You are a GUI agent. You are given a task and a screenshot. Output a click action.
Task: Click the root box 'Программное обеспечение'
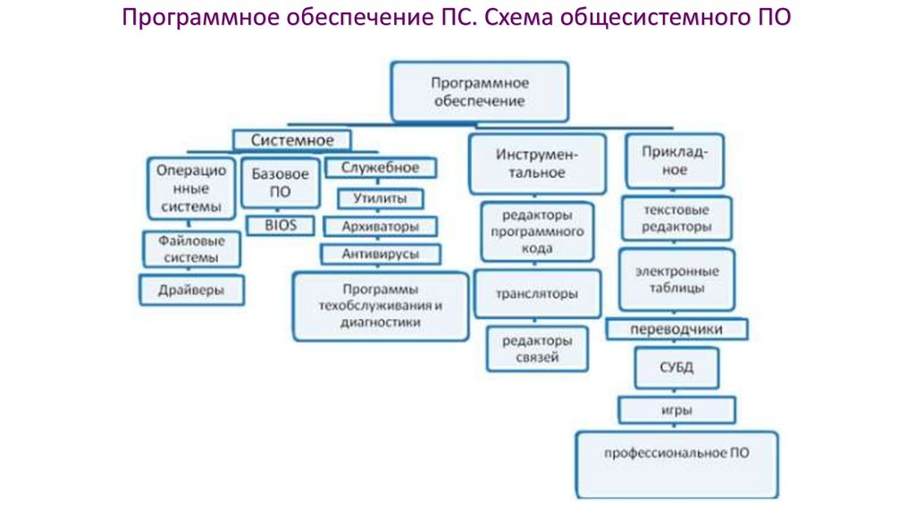(x=479, y=91)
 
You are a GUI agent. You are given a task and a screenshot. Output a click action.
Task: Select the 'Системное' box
(x=292, y=140)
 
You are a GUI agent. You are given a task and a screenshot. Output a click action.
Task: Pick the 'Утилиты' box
(x=380, y=198)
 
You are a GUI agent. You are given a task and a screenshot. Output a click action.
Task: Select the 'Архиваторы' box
(x=380, y=226)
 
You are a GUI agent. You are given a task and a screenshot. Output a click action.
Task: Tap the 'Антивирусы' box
(x=380, y=255)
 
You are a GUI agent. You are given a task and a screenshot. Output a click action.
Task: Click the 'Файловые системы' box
(x=191, y=249)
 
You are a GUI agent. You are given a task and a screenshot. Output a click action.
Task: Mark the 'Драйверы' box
(x=191, y=290)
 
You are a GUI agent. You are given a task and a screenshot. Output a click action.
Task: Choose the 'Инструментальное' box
(x=537, y=164)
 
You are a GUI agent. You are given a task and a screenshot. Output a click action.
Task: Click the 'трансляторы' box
(x=537, y=293)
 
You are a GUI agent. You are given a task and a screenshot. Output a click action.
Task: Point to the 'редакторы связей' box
(x=537, y=349)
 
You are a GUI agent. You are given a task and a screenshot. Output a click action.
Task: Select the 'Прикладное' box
(x=675, y=160)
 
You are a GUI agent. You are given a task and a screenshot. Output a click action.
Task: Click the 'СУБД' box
(x=676, y=367)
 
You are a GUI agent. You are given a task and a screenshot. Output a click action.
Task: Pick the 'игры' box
(x=677, y=410)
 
